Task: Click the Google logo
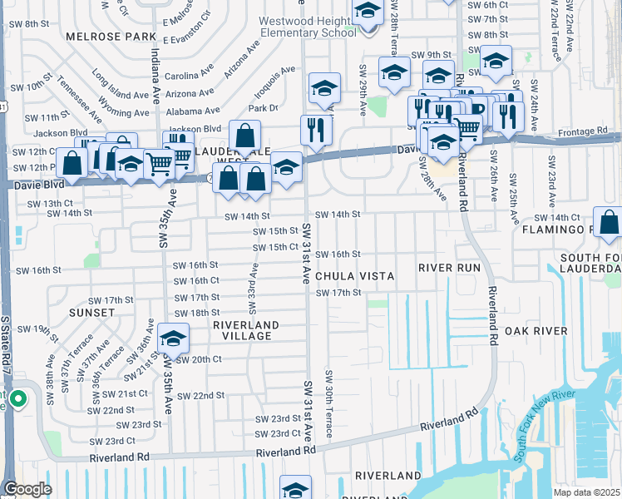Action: click(x=27, y=488)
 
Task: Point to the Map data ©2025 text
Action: click(x=587, y=492)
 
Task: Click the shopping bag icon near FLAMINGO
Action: click(x=610, y=223)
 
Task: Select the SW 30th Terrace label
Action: click(x=329, y=404)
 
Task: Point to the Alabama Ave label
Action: click(x=192, y=110)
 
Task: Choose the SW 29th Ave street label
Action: click(x=363, y=90)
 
